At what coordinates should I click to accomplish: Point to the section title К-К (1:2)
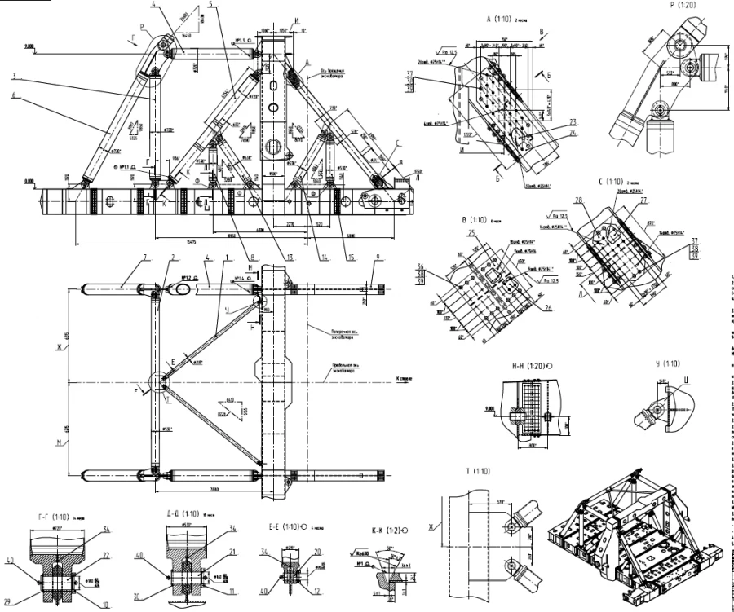point(369,530)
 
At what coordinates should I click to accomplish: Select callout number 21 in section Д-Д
point(210,552)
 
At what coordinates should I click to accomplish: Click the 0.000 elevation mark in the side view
point(31,182)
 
